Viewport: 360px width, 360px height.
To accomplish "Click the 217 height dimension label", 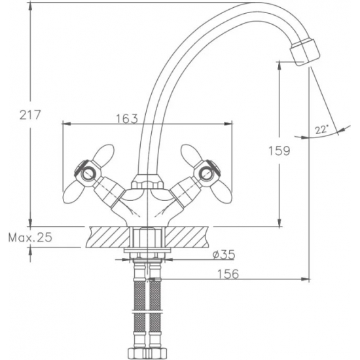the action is (x=30, y=115).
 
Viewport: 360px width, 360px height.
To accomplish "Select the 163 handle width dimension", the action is (x=127, y=118).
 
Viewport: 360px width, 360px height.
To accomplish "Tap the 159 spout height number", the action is (x=279, y=151).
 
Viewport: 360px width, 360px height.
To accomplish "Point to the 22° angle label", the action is (x=321, y=130).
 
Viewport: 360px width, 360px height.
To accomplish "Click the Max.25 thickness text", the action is (x=30, y=238).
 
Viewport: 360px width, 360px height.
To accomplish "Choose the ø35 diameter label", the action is (x=224, y=255).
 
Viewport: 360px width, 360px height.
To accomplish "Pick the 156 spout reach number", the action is (x=228, y=274).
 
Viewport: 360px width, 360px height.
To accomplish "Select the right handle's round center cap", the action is (x=205, y=173).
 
